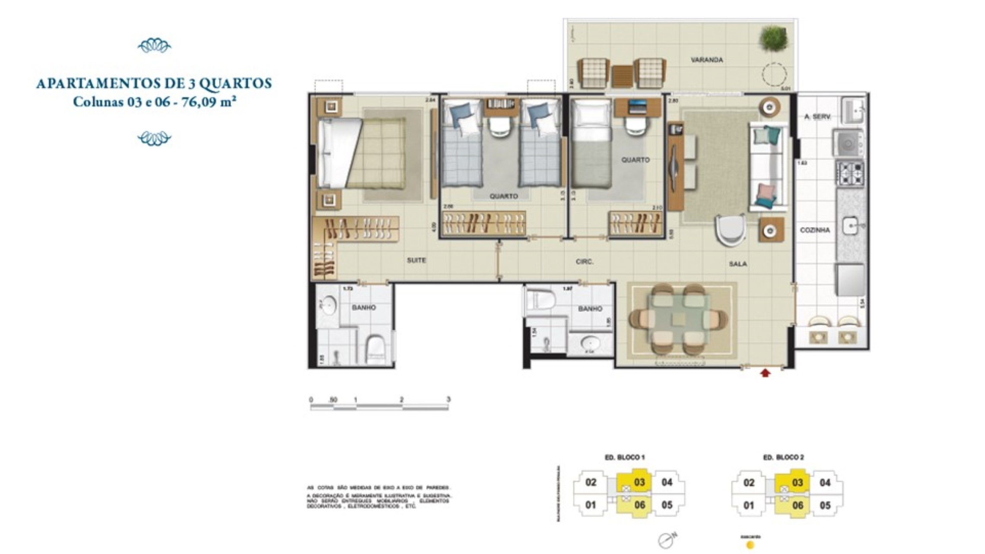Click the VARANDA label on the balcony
click(x=706, y=60)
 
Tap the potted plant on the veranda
click(x=773, y=38)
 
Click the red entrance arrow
click(x=765, y=373)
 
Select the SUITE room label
click(x=416, y=260)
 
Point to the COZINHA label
click(x=814, y=230)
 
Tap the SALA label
click(x=737, y=264)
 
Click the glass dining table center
click(x=678, y=319)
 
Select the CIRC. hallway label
click(x=584, y=262)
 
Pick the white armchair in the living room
click(x=730, y=231)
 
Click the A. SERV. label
click(x=817, y=117)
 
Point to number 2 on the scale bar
click(x=401, y=399)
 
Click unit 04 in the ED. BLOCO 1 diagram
click(x=667, y=482)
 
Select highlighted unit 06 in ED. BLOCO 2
click(x=798, y=505)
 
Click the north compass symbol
click(x=666, y=540)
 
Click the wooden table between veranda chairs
click(x=622, y=76)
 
